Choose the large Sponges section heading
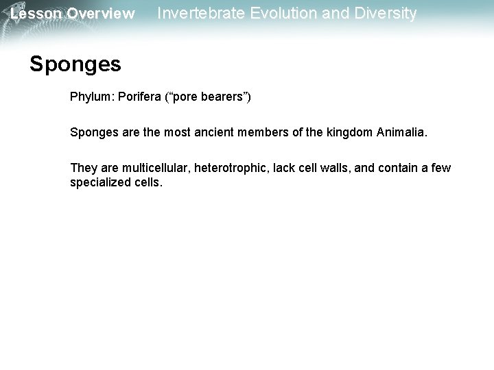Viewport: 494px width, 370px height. coord(75,64)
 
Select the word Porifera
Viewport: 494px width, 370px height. coord(141,98)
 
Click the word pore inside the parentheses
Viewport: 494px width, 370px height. coord(184,98)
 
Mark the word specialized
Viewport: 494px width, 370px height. coord(100,183)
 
